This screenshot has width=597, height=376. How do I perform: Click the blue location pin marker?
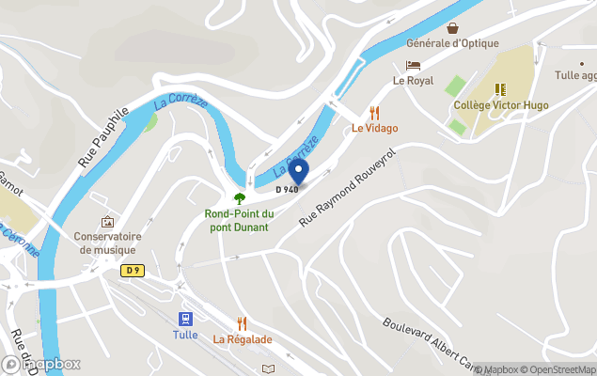pos(298,171)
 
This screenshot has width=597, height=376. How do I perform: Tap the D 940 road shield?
pos(287,190)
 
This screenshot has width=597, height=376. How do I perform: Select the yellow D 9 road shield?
pos(133,270)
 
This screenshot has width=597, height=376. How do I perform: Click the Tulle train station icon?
pos(185,319)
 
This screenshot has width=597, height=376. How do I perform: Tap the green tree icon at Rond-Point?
pos(239,198)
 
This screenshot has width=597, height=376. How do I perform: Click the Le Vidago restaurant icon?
pos(375,111)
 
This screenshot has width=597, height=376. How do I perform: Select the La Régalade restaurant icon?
pos(242,322)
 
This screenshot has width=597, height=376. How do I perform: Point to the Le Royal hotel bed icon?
pos(413,65)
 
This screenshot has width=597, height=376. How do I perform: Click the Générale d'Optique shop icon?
pos(452,27)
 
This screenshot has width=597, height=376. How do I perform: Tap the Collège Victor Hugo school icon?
pos(500,89)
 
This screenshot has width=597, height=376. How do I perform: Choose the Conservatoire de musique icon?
pos(107,222)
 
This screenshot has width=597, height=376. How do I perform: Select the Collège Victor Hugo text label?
pos(500,105)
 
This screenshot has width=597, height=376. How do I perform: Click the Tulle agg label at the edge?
pos(575,75)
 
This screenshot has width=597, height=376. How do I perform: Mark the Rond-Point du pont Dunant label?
pos(237,220)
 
